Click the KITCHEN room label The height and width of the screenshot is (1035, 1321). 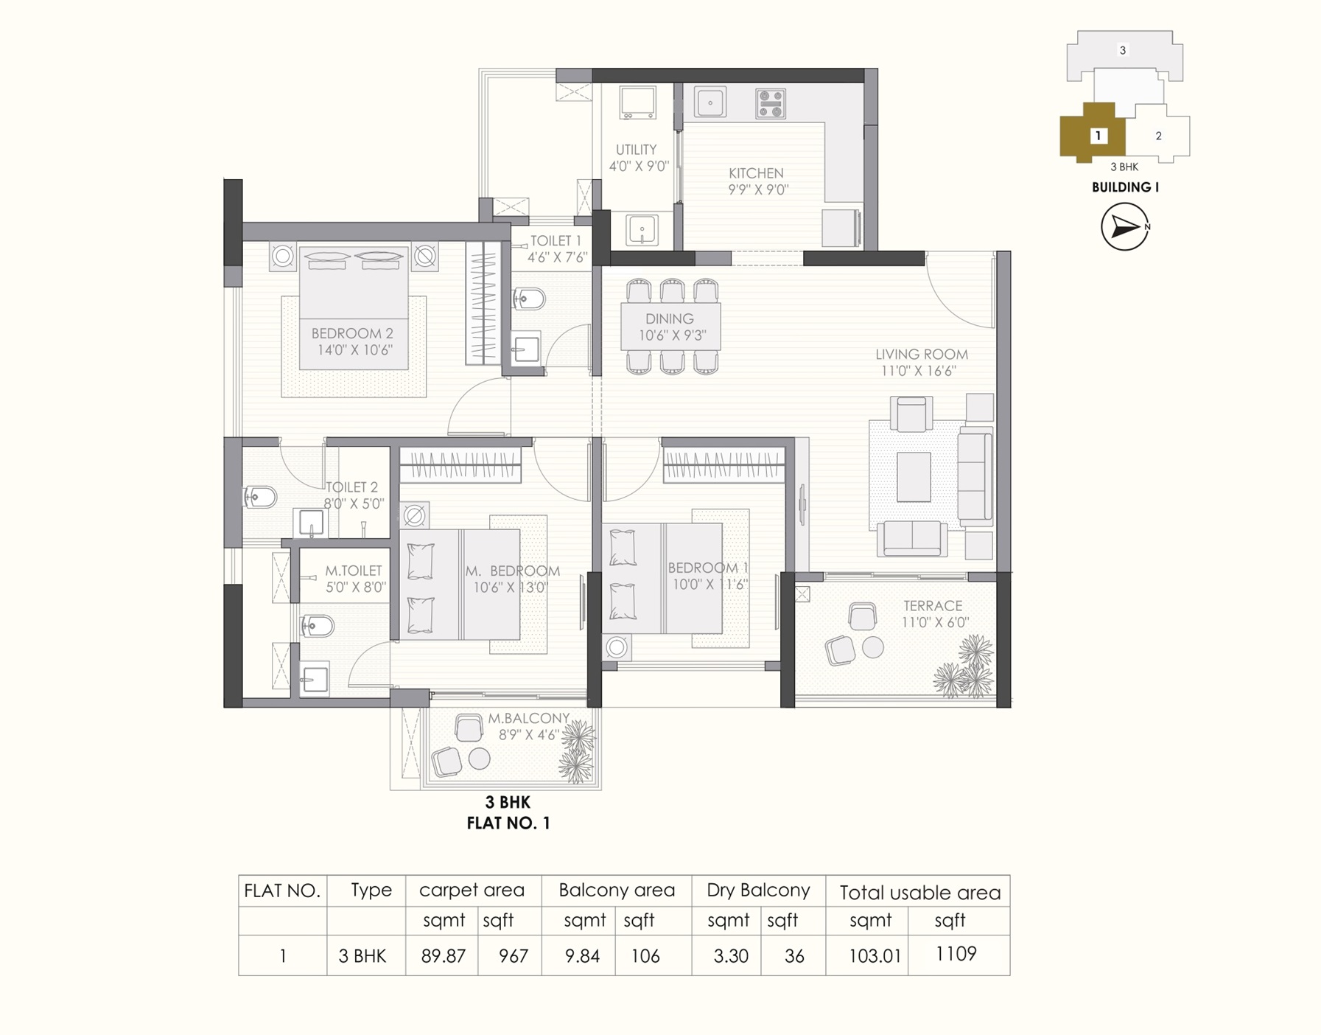coord(756,173)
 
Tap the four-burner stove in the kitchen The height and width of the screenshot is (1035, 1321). coord(771,104)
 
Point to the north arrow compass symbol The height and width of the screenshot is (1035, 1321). coord(1124,227)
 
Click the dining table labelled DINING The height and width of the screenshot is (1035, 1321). coord(670,326)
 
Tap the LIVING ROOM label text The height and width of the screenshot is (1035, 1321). coord(921,355)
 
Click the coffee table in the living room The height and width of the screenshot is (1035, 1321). coord(914,477)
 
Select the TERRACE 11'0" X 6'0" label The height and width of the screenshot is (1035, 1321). coord(933,613)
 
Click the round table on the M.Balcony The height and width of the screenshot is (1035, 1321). coord(479,758)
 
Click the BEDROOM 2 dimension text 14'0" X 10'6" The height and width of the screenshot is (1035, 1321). coord(354,350)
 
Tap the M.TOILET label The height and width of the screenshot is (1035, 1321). coord(354,571)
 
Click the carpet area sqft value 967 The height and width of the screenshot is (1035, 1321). coord(513,956)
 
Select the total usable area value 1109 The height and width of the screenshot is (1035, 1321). coord(956,954)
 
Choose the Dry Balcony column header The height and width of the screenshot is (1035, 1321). coord(758,891)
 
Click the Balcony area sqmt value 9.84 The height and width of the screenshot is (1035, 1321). coord(582,956)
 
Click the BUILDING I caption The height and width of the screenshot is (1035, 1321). coord(1125,187)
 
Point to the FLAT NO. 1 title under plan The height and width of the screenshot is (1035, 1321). coord(508,823)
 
